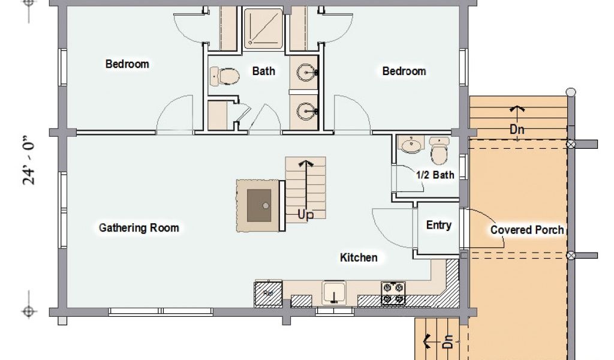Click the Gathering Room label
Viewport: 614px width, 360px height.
pos(139,227)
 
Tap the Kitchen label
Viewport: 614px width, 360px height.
pos(359,257)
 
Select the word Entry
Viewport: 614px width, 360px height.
pos(438,225)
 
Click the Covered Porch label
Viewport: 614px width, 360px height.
pos(527,230)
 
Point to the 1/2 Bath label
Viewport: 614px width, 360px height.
pos(435,175)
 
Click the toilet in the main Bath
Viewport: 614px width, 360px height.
pos(224,76)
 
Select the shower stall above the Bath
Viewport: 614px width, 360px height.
pos(264,29)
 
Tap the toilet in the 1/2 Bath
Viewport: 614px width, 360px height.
pos(439,151)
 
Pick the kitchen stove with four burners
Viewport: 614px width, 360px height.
pos(393,293)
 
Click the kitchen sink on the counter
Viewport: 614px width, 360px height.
pos(334,293)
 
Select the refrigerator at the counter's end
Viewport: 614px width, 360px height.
pos(268,293)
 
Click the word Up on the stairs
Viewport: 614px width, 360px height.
pos(305,215)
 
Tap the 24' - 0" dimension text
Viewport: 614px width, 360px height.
pos(29,161)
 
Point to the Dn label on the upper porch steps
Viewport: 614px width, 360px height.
pos(517,129)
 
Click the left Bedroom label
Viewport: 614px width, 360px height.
pos(127,64)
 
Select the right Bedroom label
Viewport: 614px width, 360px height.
pos(404,71)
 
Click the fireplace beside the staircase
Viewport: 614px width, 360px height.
pos(259,206)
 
